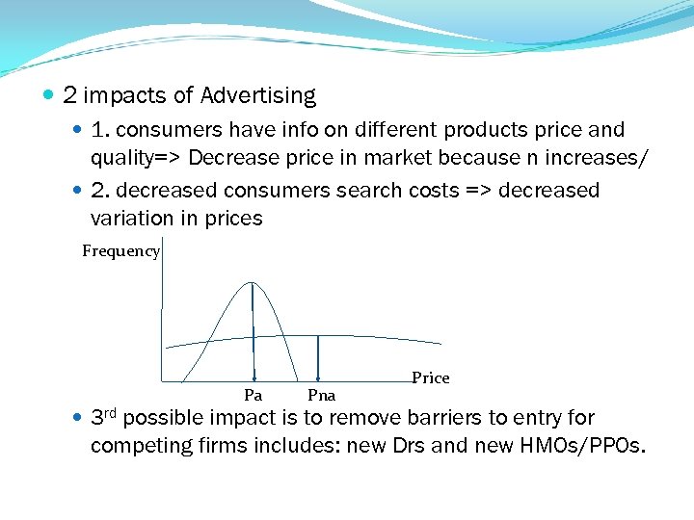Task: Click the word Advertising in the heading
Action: pyautogui.click(x=257, y=96)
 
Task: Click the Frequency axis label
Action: pyautogui.click(x=120, y=251)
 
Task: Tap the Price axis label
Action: pyautogui.click(x=430, y=377)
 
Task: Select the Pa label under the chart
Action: pyautogui.click(x=253, y=395)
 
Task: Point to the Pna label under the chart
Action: pyautogui.click(x=321, y=395)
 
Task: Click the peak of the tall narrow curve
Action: pyautogui.click(x=253, y=283)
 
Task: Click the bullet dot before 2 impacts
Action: pyautogui.click(x=49, y=96)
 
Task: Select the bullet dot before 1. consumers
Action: pyautogui.click(x=78, y=130)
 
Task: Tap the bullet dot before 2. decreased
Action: pyautogui.click(x=78, y=191)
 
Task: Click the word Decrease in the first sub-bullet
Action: pyautogui.click(x=233, y=157)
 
